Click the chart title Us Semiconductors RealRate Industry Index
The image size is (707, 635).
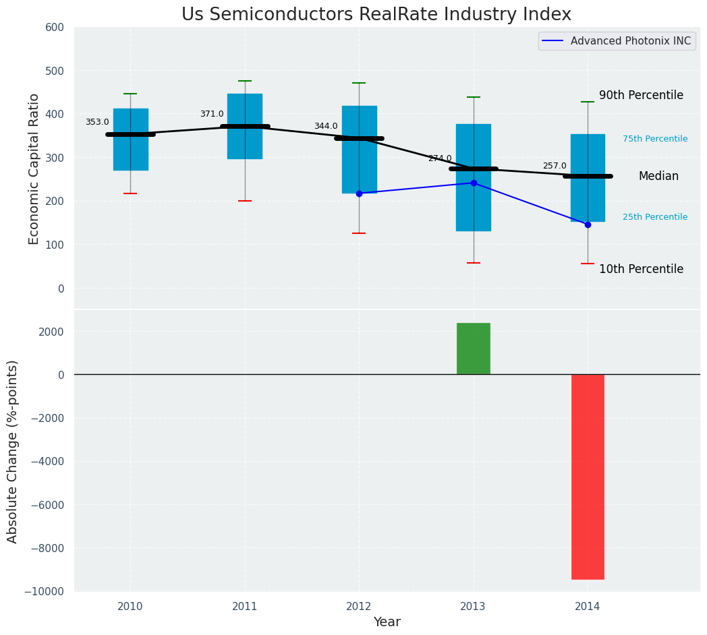click(x=376, y=15)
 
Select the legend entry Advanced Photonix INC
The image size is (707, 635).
click(x=630, y=41)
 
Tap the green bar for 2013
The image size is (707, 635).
click(x=474, y=349)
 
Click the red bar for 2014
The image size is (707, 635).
click(x=588, y=477)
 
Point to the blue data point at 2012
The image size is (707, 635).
click(x=359, y=193)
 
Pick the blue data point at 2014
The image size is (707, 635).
click(x=588, y=224)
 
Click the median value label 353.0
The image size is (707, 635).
click(x=97, y=122)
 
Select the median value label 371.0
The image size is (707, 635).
click(x=212, y=114)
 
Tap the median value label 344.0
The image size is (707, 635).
click(x=326, y=126)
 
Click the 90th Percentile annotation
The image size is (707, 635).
click(x=641, y=96)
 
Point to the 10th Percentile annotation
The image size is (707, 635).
click(x=641, y=269)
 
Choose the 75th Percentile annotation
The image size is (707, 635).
click(x=655, y=139)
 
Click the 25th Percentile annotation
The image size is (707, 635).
click(x=655, y=217)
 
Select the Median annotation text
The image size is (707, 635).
click(x=658, y=176)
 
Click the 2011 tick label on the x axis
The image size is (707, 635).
click(x=245, y=607)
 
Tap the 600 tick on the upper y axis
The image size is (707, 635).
click(x=55, y=28)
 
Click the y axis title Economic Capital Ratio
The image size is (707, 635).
click(x=34, y=168)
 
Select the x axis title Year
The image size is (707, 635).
click(x=387, y=622)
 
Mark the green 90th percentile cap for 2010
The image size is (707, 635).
click(x=130, y=94)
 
